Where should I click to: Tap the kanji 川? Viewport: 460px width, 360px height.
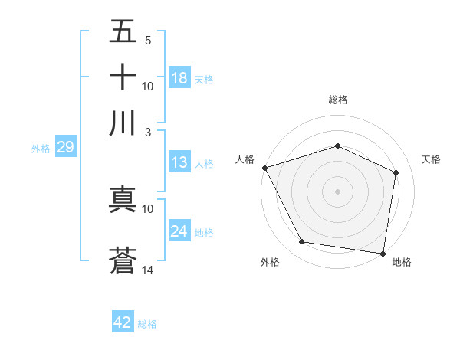point(123,123)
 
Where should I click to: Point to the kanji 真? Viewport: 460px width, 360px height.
point(123,199)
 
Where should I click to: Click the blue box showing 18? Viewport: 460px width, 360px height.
point(179,78)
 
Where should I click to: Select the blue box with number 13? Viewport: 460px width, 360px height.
point(179,162)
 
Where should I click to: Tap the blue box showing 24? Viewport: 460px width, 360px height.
point(179,231)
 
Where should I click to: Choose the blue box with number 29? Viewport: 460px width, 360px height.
point(65,147)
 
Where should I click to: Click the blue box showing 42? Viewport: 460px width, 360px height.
point(122,322)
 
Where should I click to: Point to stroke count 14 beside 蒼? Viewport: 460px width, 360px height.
point(148,270)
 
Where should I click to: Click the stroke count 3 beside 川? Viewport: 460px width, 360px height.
point(148,132)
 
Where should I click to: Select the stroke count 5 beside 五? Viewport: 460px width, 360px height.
point(148,41)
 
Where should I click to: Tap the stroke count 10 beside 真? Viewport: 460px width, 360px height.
point(148,208)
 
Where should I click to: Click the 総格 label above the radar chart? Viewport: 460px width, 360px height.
point(338,100)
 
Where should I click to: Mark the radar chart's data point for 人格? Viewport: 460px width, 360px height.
point(264,168)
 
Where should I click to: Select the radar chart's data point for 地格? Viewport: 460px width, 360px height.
point(383,253)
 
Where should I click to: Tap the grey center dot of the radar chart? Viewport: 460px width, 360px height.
point(338,191)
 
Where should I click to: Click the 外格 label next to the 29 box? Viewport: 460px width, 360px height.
point(40,149)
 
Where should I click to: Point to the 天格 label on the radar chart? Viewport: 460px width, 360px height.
point(431,159)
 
